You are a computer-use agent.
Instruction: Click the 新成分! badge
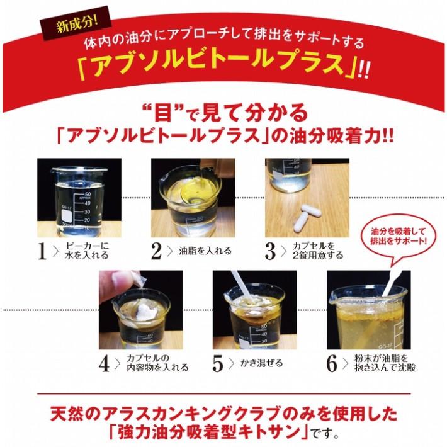click(x=76, y=23)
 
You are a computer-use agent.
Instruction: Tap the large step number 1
click(x=42, y=251)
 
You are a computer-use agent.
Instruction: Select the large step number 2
click(x=156, y=251)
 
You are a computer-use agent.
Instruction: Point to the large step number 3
click(x=270, y=251)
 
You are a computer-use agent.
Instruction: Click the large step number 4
click(x=104, y=363)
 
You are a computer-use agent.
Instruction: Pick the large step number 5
click(x=218, y=363)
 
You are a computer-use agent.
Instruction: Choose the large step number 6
click(x=332, y=363)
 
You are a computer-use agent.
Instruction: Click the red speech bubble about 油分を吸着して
click(x=399, y=236)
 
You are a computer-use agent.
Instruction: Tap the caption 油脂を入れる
click(x=205, y=251)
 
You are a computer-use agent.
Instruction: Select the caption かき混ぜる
click(x=261, y=363)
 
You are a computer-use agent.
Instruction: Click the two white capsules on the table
click(x=308, y=217)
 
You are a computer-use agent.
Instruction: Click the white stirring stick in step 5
click(x=243, y=285)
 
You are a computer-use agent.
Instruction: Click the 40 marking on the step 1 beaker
click(x=88, y=203)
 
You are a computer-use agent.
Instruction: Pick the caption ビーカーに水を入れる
click(x=87, y=251)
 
